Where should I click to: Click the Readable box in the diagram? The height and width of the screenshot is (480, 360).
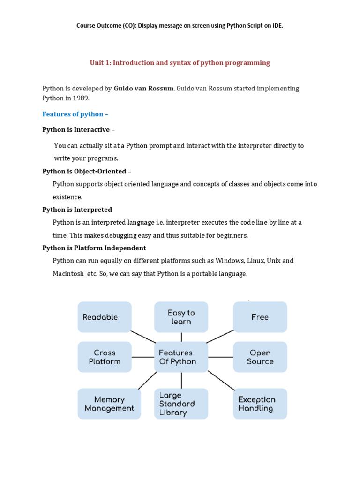(105, 317)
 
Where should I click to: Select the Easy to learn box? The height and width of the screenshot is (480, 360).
(181, 317)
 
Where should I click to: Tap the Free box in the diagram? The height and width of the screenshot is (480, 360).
(260, 317)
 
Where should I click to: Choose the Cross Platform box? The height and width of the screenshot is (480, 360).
(105, 357)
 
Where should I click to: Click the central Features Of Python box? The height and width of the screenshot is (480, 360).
(181, 357)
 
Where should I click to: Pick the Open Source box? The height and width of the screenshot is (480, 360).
(260, 357)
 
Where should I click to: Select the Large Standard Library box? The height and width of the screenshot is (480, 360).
(181, 404)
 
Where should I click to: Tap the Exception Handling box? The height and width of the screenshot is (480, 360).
(260, 404)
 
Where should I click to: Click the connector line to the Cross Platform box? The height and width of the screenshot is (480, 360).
(143, 357)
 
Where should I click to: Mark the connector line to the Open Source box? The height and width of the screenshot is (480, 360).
(220, 357)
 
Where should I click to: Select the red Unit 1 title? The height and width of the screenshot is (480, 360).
(180, 62)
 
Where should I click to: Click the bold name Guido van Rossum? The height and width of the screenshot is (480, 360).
(143, 88)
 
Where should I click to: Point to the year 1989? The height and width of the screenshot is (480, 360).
(81, 98)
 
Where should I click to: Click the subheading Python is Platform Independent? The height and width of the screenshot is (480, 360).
(94, 247)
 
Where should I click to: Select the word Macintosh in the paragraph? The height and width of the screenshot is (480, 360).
(68, 273)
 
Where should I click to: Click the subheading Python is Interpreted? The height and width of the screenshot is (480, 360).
(77, 210)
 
